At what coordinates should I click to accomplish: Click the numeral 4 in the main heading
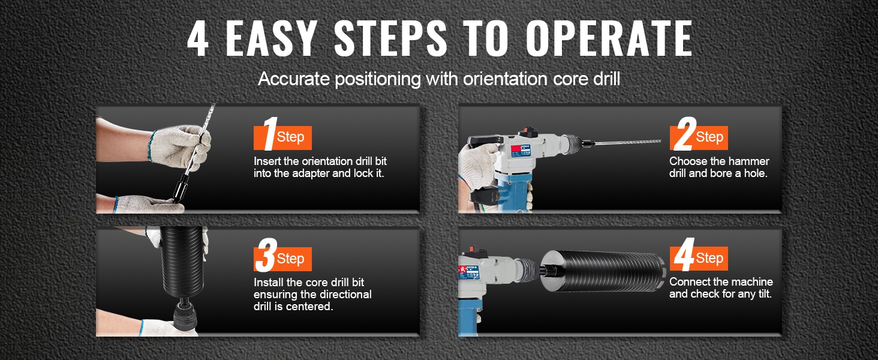[x=198, y=38]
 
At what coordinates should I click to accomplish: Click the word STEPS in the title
[x=391, y=38]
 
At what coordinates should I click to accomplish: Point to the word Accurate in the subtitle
[x=294, y=79]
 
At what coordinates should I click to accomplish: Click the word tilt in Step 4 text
[x=764, y=294]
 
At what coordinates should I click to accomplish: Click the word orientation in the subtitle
[x=505, y=79]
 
